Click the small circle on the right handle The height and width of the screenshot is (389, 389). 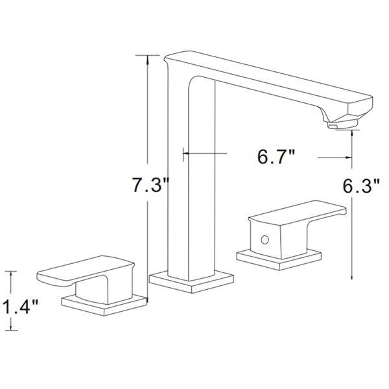click(263, 240)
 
